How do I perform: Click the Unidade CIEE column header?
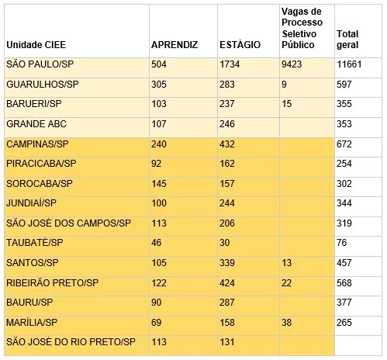click(36, 45)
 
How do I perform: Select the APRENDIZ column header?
click(174, 45)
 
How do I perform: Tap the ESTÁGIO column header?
click(240, 44)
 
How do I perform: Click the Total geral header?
click(347, 40)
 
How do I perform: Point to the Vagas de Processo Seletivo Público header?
click(302, 28)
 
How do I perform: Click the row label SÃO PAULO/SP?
click(40, 64)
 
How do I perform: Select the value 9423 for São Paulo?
click(292, 64)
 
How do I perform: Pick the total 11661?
click(349, 64)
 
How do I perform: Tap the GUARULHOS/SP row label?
click(43, 85)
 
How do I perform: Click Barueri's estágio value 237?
click(227, 104)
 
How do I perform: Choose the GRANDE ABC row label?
click(36, 124)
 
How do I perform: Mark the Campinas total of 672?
click(344, 144)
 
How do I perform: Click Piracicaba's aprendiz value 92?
click(156, 164)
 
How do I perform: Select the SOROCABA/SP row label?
click(40, 184)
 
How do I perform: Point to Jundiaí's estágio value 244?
click(227, 203)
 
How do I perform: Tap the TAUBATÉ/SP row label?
click(35, 243)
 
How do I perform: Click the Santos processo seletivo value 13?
click(286, 263)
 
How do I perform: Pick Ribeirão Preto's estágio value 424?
click(227, 283)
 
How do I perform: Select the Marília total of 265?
click(344, 323)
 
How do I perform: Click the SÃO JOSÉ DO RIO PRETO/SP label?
click(71, 342)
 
